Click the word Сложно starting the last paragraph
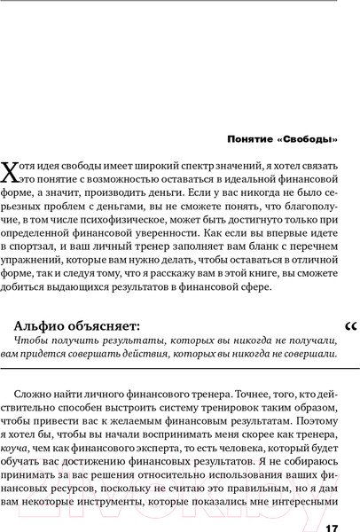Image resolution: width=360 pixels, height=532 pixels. tap(38, 387)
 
